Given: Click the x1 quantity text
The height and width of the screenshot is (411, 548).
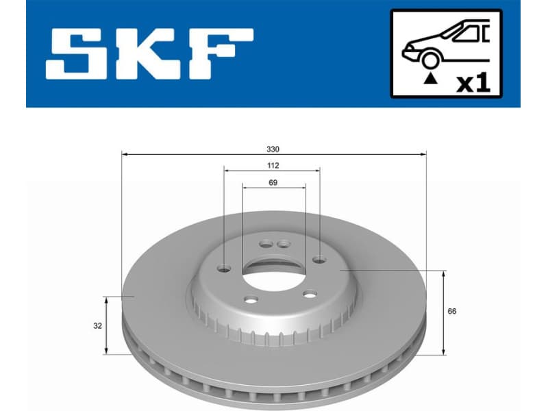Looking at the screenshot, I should (473, 83).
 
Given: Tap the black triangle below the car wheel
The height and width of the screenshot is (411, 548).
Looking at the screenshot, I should (429, 79).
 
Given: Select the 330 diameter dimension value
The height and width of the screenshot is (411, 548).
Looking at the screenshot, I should (273, 149).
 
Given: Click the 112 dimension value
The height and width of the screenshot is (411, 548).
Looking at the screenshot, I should (273, 166).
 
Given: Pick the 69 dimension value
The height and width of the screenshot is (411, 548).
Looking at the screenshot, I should (273, 183).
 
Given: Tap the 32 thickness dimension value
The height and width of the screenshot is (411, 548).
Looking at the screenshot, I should (99, 326).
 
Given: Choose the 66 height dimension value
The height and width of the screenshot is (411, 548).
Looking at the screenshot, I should (451, 312).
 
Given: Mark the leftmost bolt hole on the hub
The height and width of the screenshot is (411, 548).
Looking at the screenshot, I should (225, 269).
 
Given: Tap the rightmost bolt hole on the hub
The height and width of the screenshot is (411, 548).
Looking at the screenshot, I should (320, 259).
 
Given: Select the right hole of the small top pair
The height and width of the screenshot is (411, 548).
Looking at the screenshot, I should (282, 243).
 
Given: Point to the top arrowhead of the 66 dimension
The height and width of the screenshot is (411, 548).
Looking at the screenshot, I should (444, 275).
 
